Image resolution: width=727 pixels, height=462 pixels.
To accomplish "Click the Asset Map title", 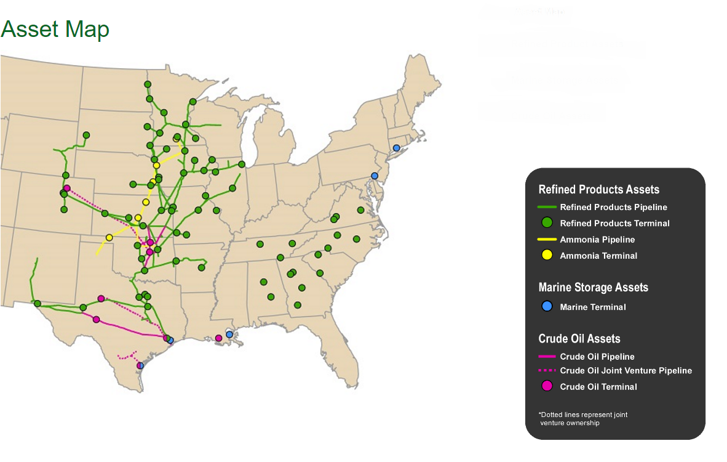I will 55,29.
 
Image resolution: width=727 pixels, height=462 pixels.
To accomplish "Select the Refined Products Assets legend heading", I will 598,190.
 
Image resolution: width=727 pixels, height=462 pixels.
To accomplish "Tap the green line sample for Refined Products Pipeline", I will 547,207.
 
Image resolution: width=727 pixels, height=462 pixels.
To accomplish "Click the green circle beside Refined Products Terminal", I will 547,223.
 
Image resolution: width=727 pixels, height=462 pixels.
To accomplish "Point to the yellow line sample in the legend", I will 547,239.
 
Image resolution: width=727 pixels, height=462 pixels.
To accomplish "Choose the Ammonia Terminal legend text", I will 598,256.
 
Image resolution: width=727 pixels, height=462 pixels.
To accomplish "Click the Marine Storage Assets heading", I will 593,288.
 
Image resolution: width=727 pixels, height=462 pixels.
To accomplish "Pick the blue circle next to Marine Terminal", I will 547,306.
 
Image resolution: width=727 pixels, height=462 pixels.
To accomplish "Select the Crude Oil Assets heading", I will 579,339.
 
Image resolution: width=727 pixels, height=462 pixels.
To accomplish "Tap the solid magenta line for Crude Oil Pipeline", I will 547,357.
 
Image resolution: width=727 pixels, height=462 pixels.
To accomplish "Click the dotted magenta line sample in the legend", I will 547,371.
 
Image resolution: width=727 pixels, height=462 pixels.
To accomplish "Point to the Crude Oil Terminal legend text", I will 598,387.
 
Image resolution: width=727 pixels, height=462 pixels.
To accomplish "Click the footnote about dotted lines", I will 582,419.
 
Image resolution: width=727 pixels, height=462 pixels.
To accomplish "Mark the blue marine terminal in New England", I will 396,148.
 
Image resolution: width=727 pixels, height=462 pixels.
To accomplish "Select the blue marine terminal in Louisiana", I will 229,334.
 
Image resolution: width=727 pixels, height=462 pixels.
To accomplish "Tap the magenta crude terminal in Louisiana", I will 218,338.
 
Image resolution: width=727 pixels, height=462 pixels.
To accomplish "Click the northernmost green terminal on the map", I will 148,84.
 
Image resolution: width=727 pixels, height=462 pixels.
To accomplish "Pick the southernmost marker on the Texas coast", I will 140,365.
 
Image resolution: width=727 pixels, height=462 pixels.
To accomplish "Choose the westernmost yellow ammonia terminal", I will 109,237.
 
